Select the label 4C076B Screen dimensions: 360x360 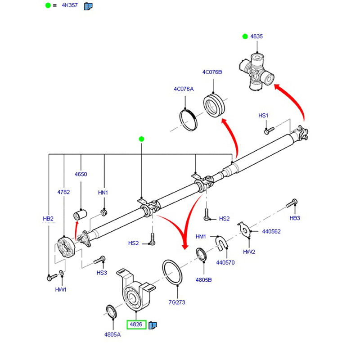(x=212, y=72)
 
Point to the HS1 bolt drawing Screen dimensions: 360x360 (x=268, y=131)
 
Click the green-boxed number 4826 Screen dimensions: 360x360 (x=136, y=324)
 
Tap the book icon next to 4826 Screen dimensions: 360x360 (x=152, y=324)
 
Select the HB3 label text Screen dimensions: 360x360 (x=295, y=218)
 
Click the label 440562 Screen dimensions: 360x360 (x=271, y=231)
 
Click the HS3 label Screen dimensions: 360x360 (x=102, y=273)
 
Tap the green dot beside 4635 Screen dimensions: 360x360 (x=245, y=36)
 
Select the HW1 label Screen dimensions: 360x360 (x=61, y=289)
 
